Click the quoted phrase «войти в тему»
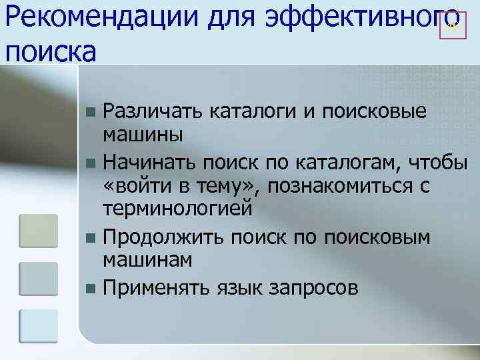pos(181,185)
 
